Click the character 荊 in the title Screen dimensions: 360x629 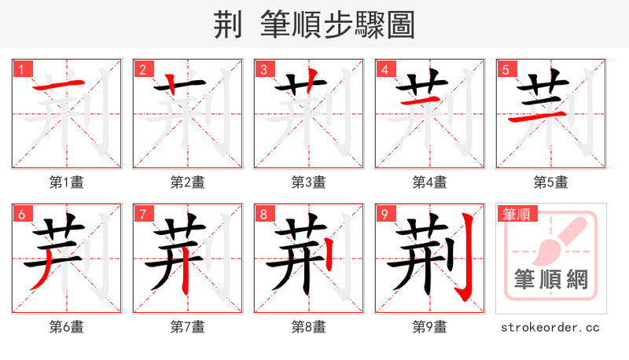(x=228, y=25)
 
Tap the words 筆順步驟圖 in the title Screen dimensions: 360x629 (x=338, y=25)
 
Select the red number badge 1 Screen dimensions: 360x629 (x=21, y=69)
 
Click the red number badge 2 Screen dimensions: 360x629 (x=142, y=69)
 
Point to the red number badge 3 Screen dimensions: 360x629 (x=263, y=69)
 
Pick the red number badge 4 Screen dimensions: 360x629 (x=384, y=69)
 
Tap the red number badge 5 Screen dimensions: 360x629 (x=506, y=69)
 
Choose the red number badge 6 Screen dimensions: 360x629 (x=21, y=214)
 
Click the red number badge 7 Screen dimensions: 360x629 (x=142, y=214)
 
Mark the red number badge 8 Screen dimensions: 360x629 (x=263, y=214)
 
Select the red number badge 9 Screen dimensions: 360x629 (x=384, y=214)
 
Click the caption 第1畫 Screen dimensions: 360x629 (x=67, y=182)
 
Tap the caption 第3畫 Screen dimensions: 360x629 (x=309, y=182)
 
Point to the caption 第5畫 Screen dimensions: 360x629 (x=551, y=182)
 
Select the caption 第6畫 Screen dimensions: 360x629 (x=67, y=327)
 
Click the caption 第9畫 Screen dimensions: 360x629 (x=430, y=327)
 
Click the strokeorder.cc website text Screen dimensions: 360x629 (x=551, y=327)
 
